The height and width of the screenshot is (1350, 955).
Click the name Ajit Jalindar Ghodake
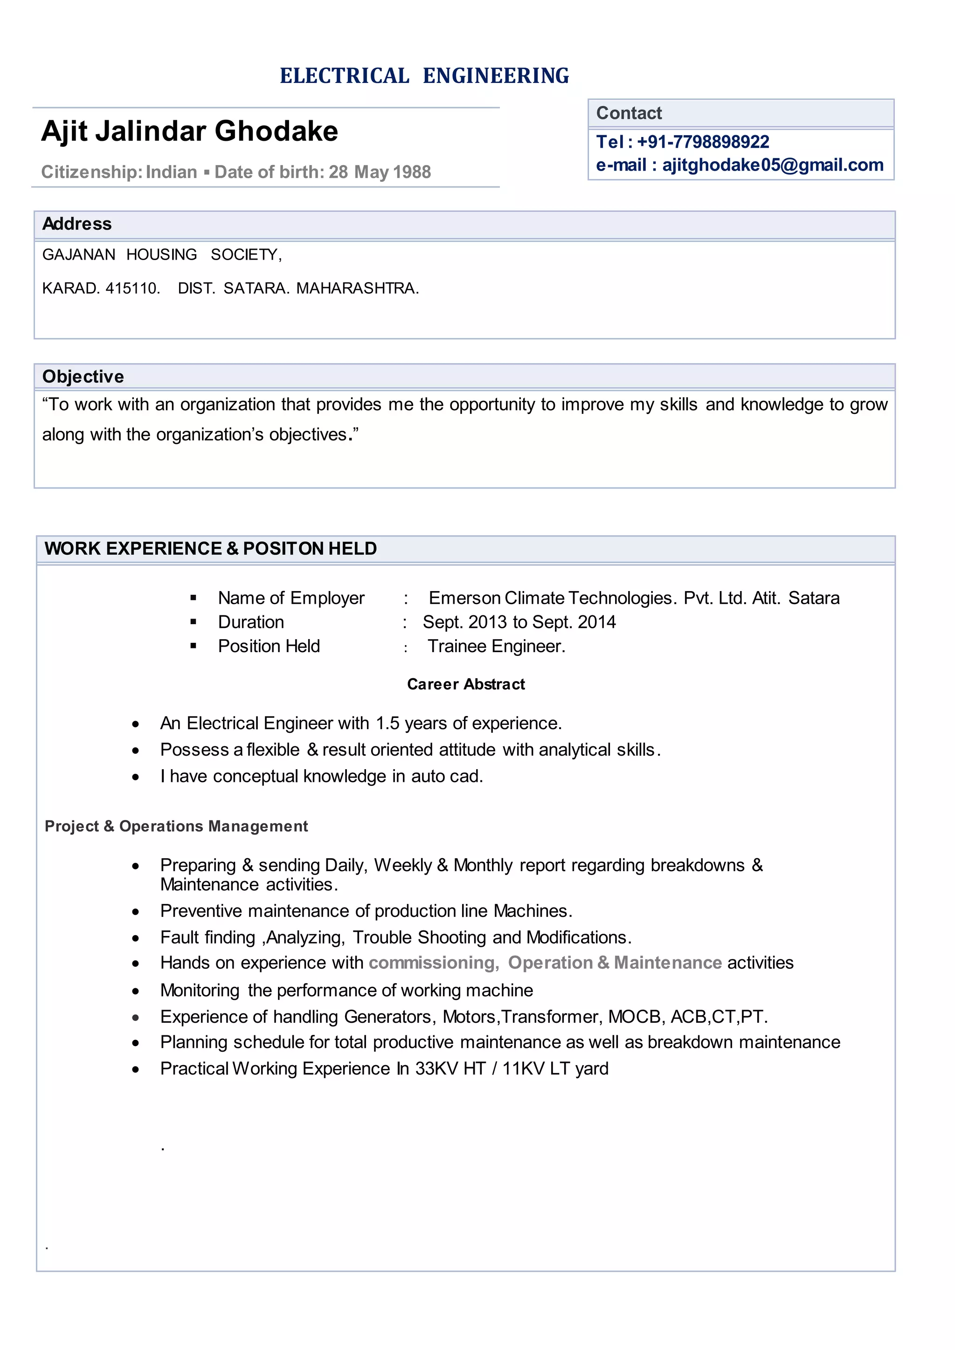coord(189,131)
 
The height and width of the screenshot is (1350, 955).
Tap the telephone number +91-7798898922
coord(703,142)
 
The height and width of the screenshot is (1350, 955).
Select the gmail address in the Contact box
coord(773,165)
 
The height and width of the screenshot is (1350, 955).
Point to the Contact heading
coord(629,113)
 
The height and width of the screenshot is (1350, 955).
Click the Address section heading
coord(77,224)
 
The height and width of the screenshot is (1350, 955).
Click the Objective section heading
coord(83,376)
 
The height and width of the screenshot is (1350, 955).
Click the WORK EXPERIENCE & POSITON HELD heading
coord(210,549)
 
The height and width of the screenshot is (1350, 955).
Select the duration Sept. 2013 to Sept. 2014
coord(519,622)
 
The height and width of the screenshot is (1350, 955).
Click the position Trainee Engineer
coord(496,646)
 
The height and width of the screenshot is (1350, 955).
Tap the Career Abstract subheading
coord(466,684)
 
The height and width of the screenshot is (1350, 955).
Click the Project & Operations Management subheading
coord(176,826)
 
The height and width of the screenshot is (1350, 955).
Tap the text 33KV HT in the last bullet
coord(450,1068)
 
